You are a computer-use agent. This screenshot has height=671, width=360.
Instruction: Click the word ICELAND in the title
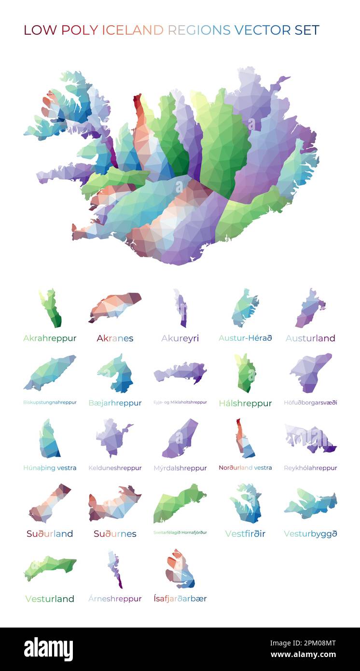point(132,30)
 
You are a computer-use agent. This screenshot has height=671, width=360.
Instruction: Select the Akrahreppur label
point(50,338)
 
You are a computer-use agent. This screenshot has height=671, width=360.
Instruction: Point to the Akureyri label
point(180,338)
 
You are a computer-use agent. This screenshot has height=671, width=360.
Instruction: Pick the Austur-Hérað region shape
point(245,308)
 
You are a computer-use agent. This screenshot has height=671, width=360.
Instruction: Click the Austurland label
point(310,338)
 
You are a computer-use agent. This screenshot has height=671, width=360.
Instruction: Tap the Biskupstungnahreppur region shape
point(50,372)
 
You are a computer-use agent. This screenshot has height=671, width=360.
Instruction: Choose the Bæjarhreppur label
point(115,403)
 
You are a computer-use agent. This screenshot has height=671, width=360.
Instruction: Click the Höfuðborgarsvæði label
point(310,403)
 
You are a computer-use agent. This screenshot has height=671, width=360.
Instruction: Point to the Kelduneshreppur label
point(115,468)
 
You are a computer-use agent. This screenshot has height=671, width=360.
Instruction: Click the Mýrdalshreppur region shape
point(180,438)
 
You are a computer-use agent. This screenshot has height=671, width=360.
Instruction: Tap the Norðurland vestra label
point(245,468)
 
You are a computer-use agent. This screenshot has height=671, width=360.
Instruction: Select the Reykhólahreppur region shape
point(310,438)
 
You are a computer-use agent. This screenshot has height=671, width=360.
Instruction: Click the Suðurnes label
point(115,533)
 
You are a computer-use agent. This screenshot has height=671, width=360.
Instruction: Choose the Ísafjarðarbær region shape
point(180,570)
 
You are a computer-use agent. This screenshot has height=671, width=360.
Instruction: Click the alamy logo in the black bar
point(48,649)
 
